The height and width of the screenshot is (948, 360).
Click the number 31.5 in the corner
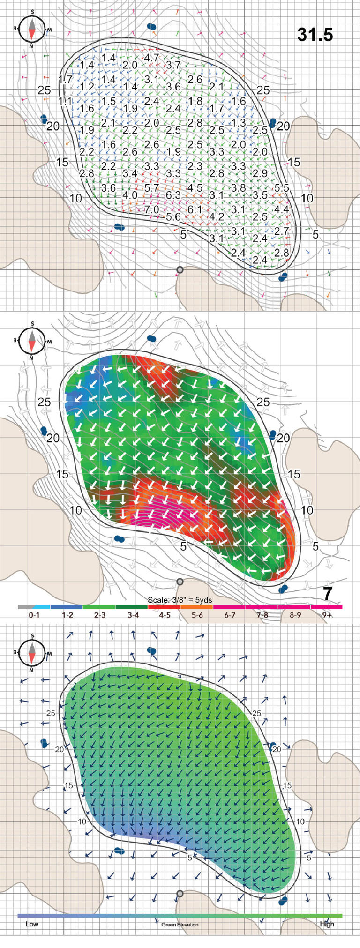pyautogui.click(x=315, y=35)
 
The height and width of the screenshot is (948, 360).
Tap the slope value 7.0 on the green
pyautogui.click(x=151, y=209)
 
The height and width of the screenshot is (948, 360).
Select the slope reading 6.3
pyautogui.click(x=173, y=194)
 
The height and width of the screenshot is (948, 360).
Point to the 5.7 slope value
pyautogui.click(x=152, y=187)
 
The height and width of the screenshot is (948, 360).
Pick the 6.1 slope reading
pyautogui.click(x=195, y=209)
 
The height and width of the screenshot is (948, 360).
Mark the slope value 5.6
pyautogui.click(x=173, y=217)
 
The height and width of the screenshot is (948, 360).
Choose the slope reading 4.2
pyautogui.click(x=217, y=217)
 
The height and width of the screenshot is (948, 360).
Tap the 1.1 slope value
pyautogui.click(x=65, y=101)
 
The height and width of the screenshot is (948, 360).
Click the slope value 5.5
pyautogui.click(x=282, y=187)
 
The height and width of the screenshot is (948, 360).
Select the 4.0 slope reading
pyautogui.click(x=130, y=195)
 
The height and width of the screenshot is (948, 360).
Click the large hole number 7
pyautogui.click(x=328, y=593)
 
